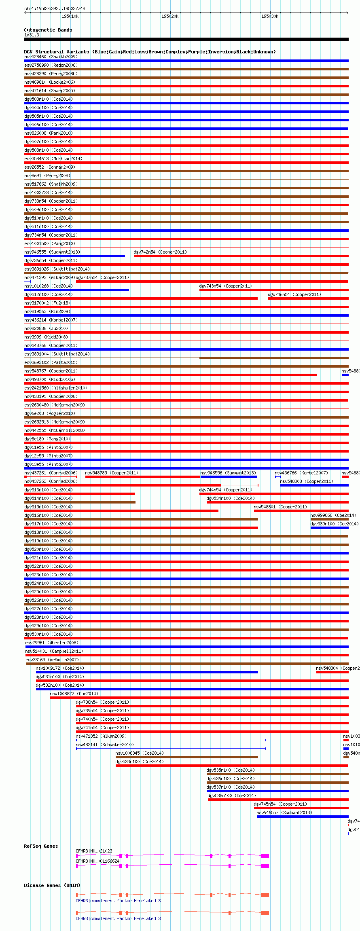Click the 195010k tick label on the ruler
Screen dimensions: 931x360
click(x=70, y=16)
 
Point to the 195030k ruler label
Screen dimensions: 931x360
click(x=269, y=16)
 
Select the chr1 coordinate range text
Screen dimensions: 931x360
click(x=55, y=8)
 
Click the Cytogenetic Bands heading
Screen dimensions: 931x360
click(x=48, y=30)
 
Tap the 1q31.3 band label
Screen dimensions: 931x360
click(x=32, y=35)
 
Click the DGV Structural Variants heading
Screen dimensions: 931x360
click(x=150, y=52)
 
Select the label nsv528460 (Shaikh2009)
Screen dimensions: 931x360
click(x=51, y=57)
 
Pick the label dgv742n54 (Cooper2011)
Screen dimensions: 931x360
click(x=160, y=252)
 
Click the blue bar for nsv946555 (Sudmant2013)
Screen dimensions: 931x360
click(x=74, y=256)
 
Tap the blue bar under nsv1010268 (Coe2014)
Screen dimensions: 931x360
click(x=76, y=290)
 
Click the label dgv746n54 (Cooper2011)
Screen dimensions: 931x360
click(x=294, y=294)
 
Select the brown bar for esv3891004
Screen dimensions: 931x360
click(x=274, y=358)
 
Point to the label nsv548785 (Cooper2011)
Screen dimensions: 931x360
click(x=112, y=473)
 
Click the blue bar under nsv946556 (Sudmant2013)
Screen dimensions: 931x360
click(x=229, y=477)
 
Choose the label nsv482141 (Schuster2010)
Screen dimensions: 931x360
click(x=105, y=745)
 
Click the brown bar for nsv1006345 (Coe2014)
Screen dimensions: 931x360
click(x=186, y=757)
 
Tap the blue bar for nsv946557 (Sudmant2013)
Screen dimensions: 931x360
click(x=302, y=817)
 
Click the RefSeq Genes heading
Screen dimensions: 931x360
click(x=41, y=846)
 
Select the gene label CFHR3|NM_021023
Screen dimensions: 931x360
click(x=94, y=851)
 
